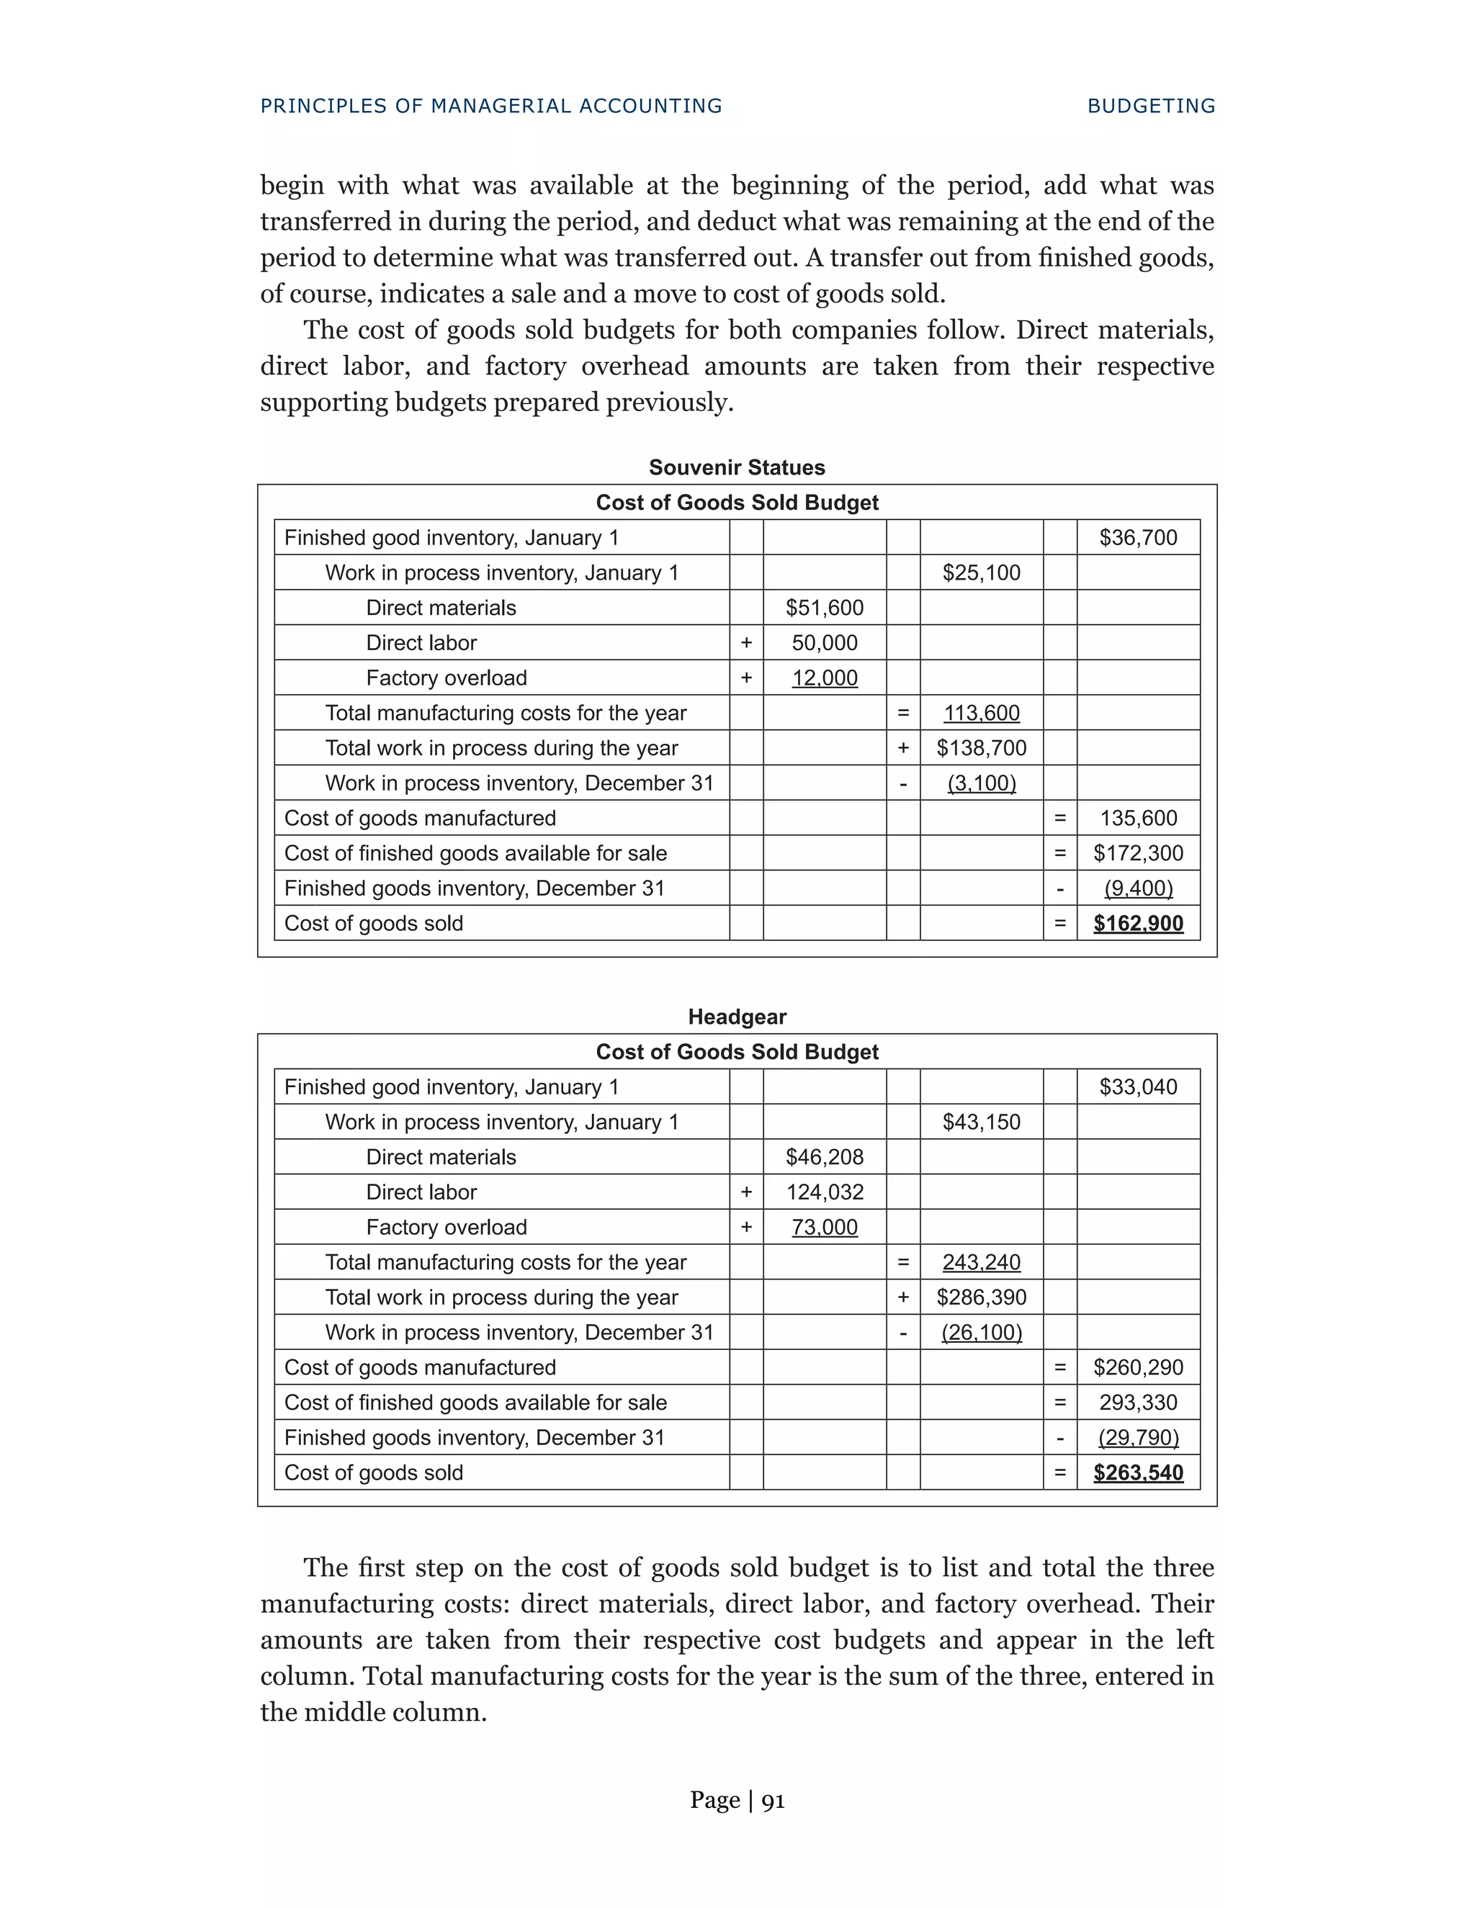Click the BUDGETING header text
click(1151, 106)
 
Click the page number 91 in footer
click(774, 1800)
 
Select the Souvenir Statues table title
click(737, 467)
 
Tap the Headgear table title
click(737, 1017)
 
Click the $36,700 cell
click(1138, 537)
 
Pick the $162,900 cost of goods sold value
click(1138, 924)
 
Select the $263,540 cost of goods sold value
click(1138, 1473)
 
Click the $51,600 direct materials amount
click(824, 608)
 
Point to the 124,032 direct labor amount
click(824, 1192)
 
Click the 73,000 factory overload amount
click(824, 1228)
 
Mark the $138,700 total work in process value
click(982, 748)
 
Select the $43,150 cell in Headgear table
click(982, 1122)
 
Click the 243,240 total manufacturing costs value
click(982, 1262)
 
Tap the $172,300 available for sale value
click(1138, 853)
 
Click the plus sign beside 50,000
click(746, 643)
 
